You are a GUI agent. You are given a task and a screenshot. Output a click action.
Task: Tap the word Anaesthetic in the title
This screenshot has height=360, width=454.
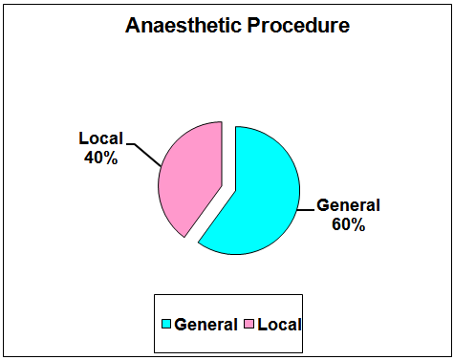184,25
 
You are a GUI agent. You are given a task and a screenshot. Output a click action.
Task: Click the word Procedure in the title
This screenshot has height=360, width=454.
298,25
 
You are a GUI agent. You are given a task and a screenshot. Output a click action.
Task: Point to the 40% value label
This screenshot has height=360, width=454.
101,158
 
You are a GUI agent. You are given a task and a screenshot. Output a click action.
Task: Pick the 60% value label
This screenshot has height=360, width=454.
349,224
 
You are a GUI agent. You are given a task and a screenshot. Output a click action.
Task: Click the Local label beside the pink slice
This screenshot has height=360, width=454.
101,138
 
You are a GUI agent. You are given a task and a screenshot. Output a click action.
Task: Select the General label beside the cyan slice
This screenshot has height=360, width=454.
348,205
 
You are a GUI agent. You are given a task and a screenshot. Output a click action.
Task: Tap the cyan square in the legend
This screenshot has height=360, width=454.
166,324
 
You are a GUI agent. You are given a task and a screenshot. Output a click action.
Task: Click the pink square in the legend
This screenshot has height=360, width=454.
249,324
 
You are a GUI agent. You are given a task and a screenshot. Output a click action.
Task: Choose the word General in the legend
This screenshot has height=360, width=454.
205,325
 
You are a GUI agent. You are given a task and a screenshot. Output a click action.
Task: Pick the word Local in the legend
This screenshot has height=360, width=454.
279,325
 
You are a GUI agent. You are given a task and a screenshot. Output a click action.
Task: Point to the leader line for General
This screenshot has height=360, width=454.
306,210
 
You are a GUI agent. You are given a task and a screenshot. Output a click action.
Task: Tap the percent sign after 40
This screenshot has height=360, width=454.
111,158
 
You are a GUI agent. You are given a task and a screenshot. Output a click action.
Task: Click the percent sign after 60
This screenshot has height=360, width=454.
358,224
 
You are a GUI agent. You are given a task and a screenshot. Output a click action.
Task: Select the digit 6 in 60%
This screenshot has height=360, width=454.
336,224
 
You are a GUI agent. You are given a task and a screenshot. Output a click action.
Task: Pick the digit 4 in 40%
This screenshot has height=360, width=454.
89,158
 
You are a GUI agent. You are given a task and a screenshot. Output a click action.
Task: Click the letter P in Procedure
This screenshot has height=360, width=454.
253,26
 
